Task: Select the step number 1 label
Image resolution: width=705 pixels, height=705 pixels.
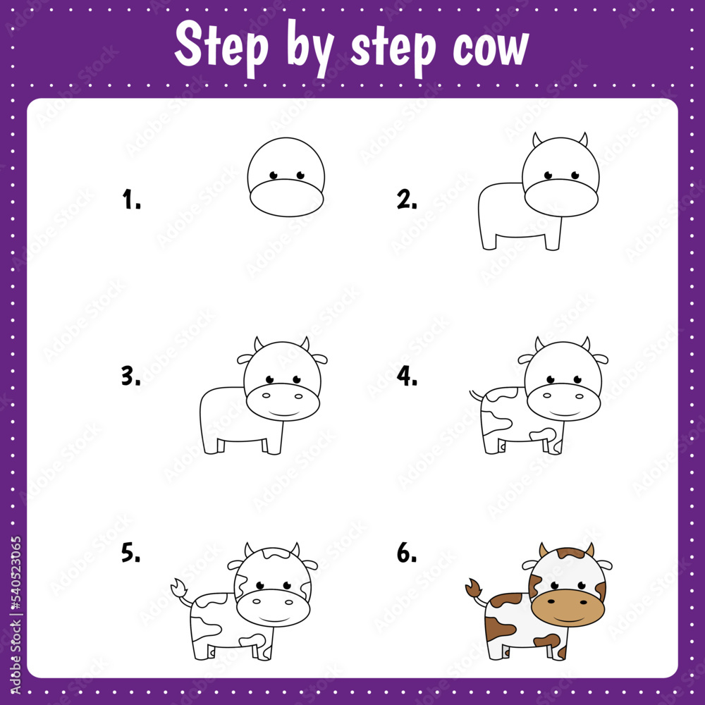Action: (131, 200)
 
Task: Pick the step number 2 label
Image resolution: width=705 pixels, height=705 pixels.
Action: (407, 200)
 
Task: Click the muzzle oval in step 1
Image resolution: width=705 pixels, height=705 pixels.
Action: (286, 198)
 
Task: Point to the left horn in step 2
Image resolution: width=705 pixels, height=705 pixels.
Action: (537, 139)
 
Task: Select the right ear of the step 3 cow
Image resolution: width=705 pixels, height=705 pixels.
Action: (319, 359)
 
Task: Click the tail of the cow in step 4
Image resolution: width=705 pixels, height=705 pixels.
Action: (477, 394)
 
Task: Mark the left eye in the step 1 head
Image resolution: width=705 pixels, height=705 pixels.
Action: (273, 174)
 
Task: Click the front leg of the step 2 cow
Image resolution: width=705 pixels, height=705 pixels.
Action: (553, 236)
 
